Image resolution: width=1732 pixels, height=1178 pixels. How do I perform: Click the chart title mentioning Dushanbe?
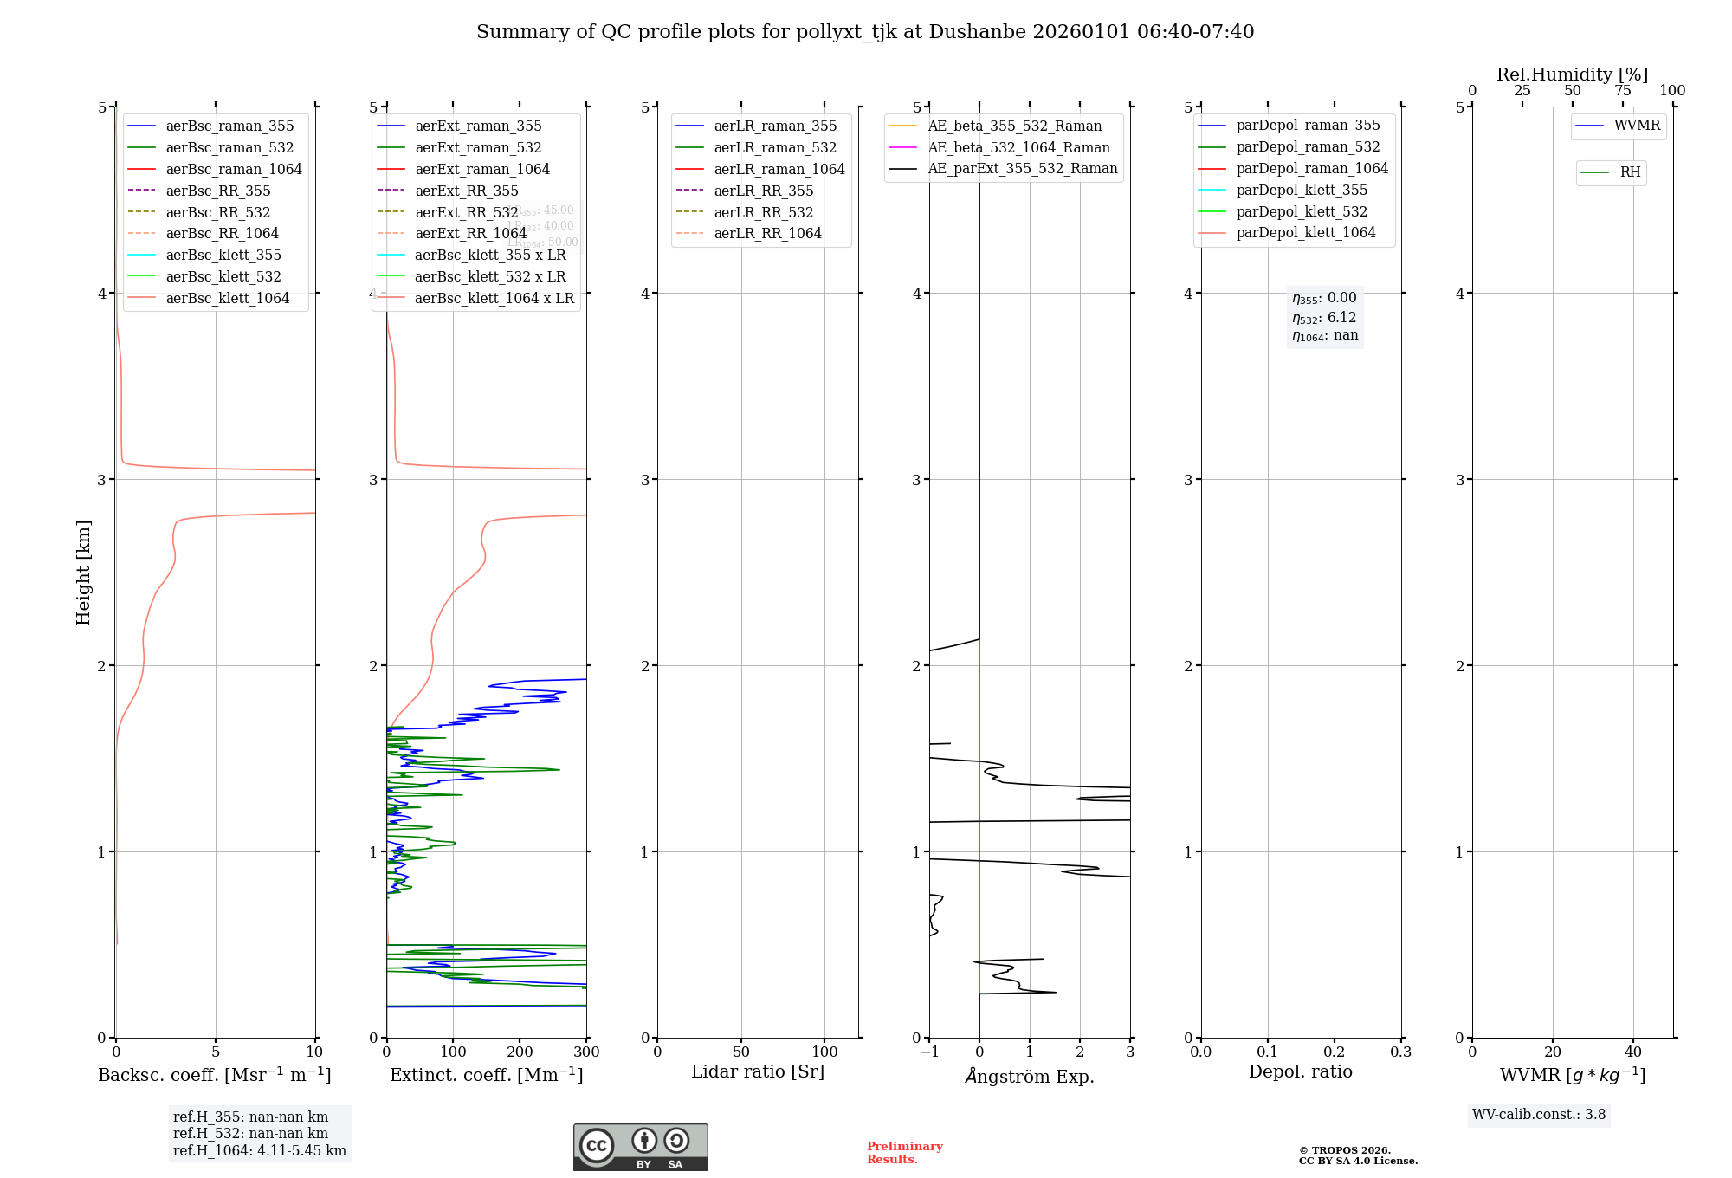[x=864, y=32]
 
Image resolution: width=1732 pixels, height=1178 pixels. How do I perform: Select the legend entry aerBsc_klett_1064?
[x=228, y=298]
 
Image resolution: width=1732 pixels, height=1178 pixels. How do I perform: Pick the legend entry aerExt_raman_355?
[x=478, y=126]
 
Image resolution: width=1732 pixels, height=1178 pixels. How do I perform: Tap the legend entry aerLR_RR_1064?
[x=767, y=233]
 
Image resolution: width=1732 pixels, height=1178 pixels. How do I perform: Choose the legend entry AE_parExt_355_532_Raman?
[x=1022, y=169]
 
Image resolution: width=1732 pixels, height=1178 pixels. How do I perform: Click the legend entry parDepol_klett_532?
[x=1302, y=211]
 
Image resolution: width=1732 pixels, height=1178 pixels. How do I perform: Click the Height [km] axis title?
[x=83, y=572]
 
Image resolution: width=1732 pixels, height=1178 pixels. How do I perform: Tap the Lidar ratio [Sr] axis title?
[x=758, y=1071]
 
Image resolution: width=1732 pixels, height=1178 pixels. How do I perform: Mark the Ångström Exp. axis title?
[x=1030, y=1076]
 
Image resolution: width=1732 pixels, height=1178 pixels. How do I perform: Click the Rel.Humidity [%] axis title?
[x=1572, y=74]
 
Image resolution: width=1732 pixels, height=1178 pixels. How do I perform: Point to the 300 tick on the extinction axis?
[x=586, y=1052]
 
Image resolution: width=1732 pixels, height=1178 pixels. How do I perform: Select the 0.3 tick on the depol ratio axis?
[x=1400, y=1052]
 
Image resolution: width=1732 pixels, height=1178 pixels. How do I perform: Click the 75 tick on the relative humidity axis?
[x=1622, y=91]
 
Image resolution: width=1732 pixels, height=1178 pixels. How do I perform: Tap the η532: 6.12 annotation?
[x=1324, y=318]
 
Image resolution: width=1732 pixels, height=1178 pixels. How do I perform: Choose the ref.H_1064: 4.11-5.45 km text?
[x=259, y=1151]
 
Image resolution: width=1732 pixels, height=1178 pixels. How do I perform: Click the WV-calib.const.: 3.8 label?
[x=1538, y=1115]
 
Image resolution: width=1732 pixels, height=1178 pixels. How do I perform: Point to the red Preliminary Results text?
[x=904, y=1153]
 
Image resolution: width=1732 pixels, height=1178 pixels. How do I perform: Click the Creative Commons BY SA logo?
[x=640, y=1148]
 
